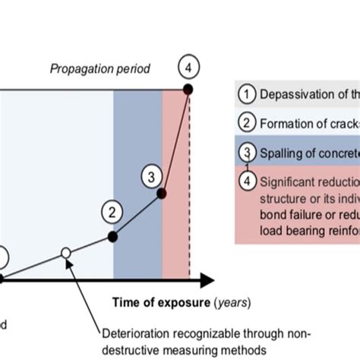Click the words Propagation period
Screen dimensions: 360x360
click(99, 69)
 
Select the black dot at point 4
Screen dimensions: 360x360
click(188, 90)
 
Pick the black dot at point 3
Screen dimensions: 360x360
click(161, 193)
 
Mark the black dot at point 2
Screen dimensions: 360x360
click(113, 236)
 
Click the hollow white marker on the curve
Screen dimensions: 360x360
click(66, 252)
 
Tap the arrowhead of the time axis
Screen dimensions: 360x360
click(206, 279)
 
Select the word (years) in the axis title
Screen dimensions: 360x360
click(232, 302)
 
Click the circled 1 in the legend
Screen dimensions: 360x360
click(245, 94)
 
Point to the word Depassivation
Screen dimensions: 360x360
click(295, 94)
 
